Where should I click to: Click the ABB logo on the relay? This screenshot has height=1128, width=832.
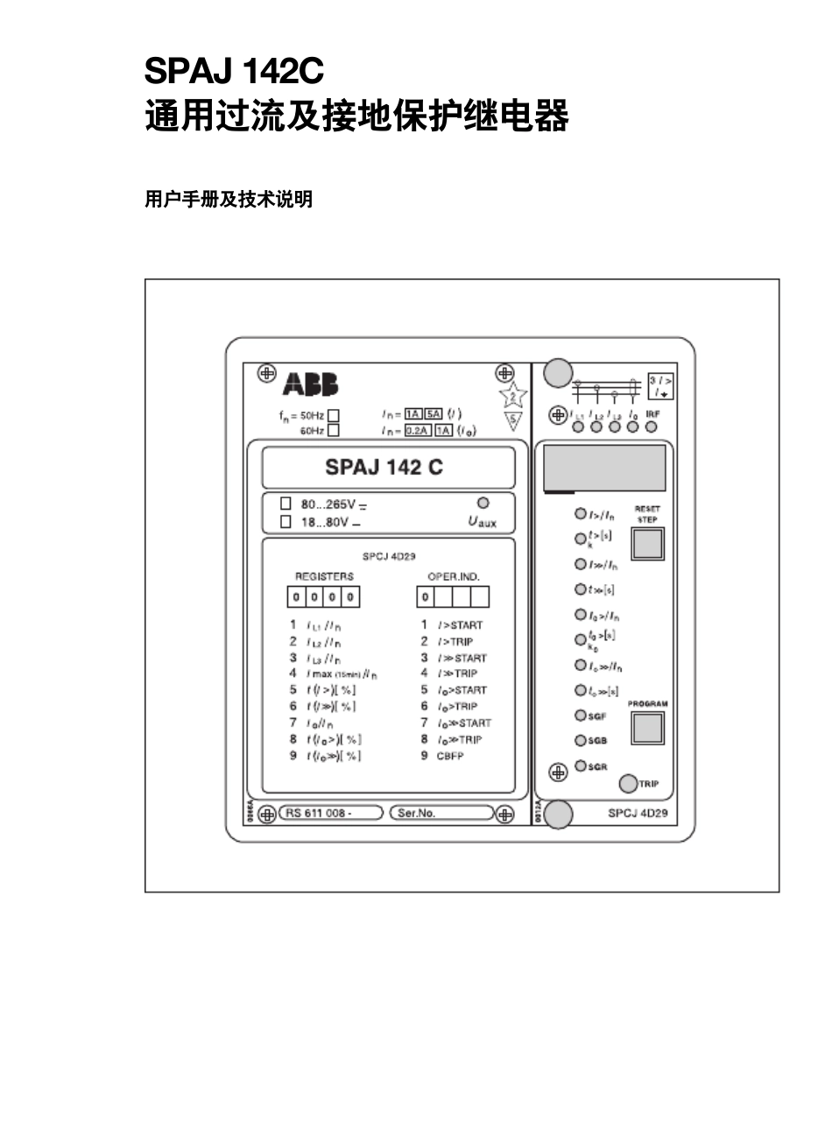[310, 384]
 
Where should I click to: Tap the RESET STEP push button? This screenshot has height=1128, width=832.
[647, 544]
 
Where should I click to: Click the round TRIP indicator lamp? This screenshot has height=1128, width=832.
[628, 783]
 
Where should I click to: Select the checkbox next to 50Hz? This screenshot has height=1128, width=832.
[333, 415]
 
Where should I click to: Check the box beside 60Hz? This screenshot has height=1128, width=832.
[333, 430]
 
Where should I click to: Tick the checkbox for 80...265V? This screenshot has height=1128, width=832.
[286, 504]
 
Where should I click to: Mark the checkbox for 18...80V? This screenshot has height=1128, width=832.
[286, 521]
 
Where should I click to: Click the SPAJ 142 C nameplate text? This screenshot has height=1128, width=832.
[384, 467]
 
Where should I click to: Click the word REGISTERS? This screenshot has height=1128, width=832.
[324, 576]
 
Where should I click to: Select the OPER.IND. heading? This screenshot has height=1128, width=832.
[453, 576]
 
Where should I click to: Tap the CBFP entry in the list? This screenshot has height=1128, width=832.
[450, 756]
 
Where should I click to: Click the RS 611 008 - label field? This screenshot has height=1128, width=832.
[331, 813]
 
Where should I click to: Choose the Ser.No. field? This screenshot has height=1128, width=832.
[441, 813]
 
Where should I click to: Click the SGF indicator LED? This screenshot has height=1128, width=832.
[580, 716]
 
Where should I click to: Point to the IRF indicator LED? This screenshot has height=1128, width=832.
[652, 427]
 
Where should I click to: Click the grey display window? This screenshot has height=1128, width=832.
[604, 469]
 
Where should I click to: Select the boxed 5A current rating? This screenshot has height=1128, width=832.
[433, 413]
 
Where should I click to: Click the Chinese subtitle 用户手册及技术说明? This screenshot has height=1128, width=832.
[229, 200]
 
